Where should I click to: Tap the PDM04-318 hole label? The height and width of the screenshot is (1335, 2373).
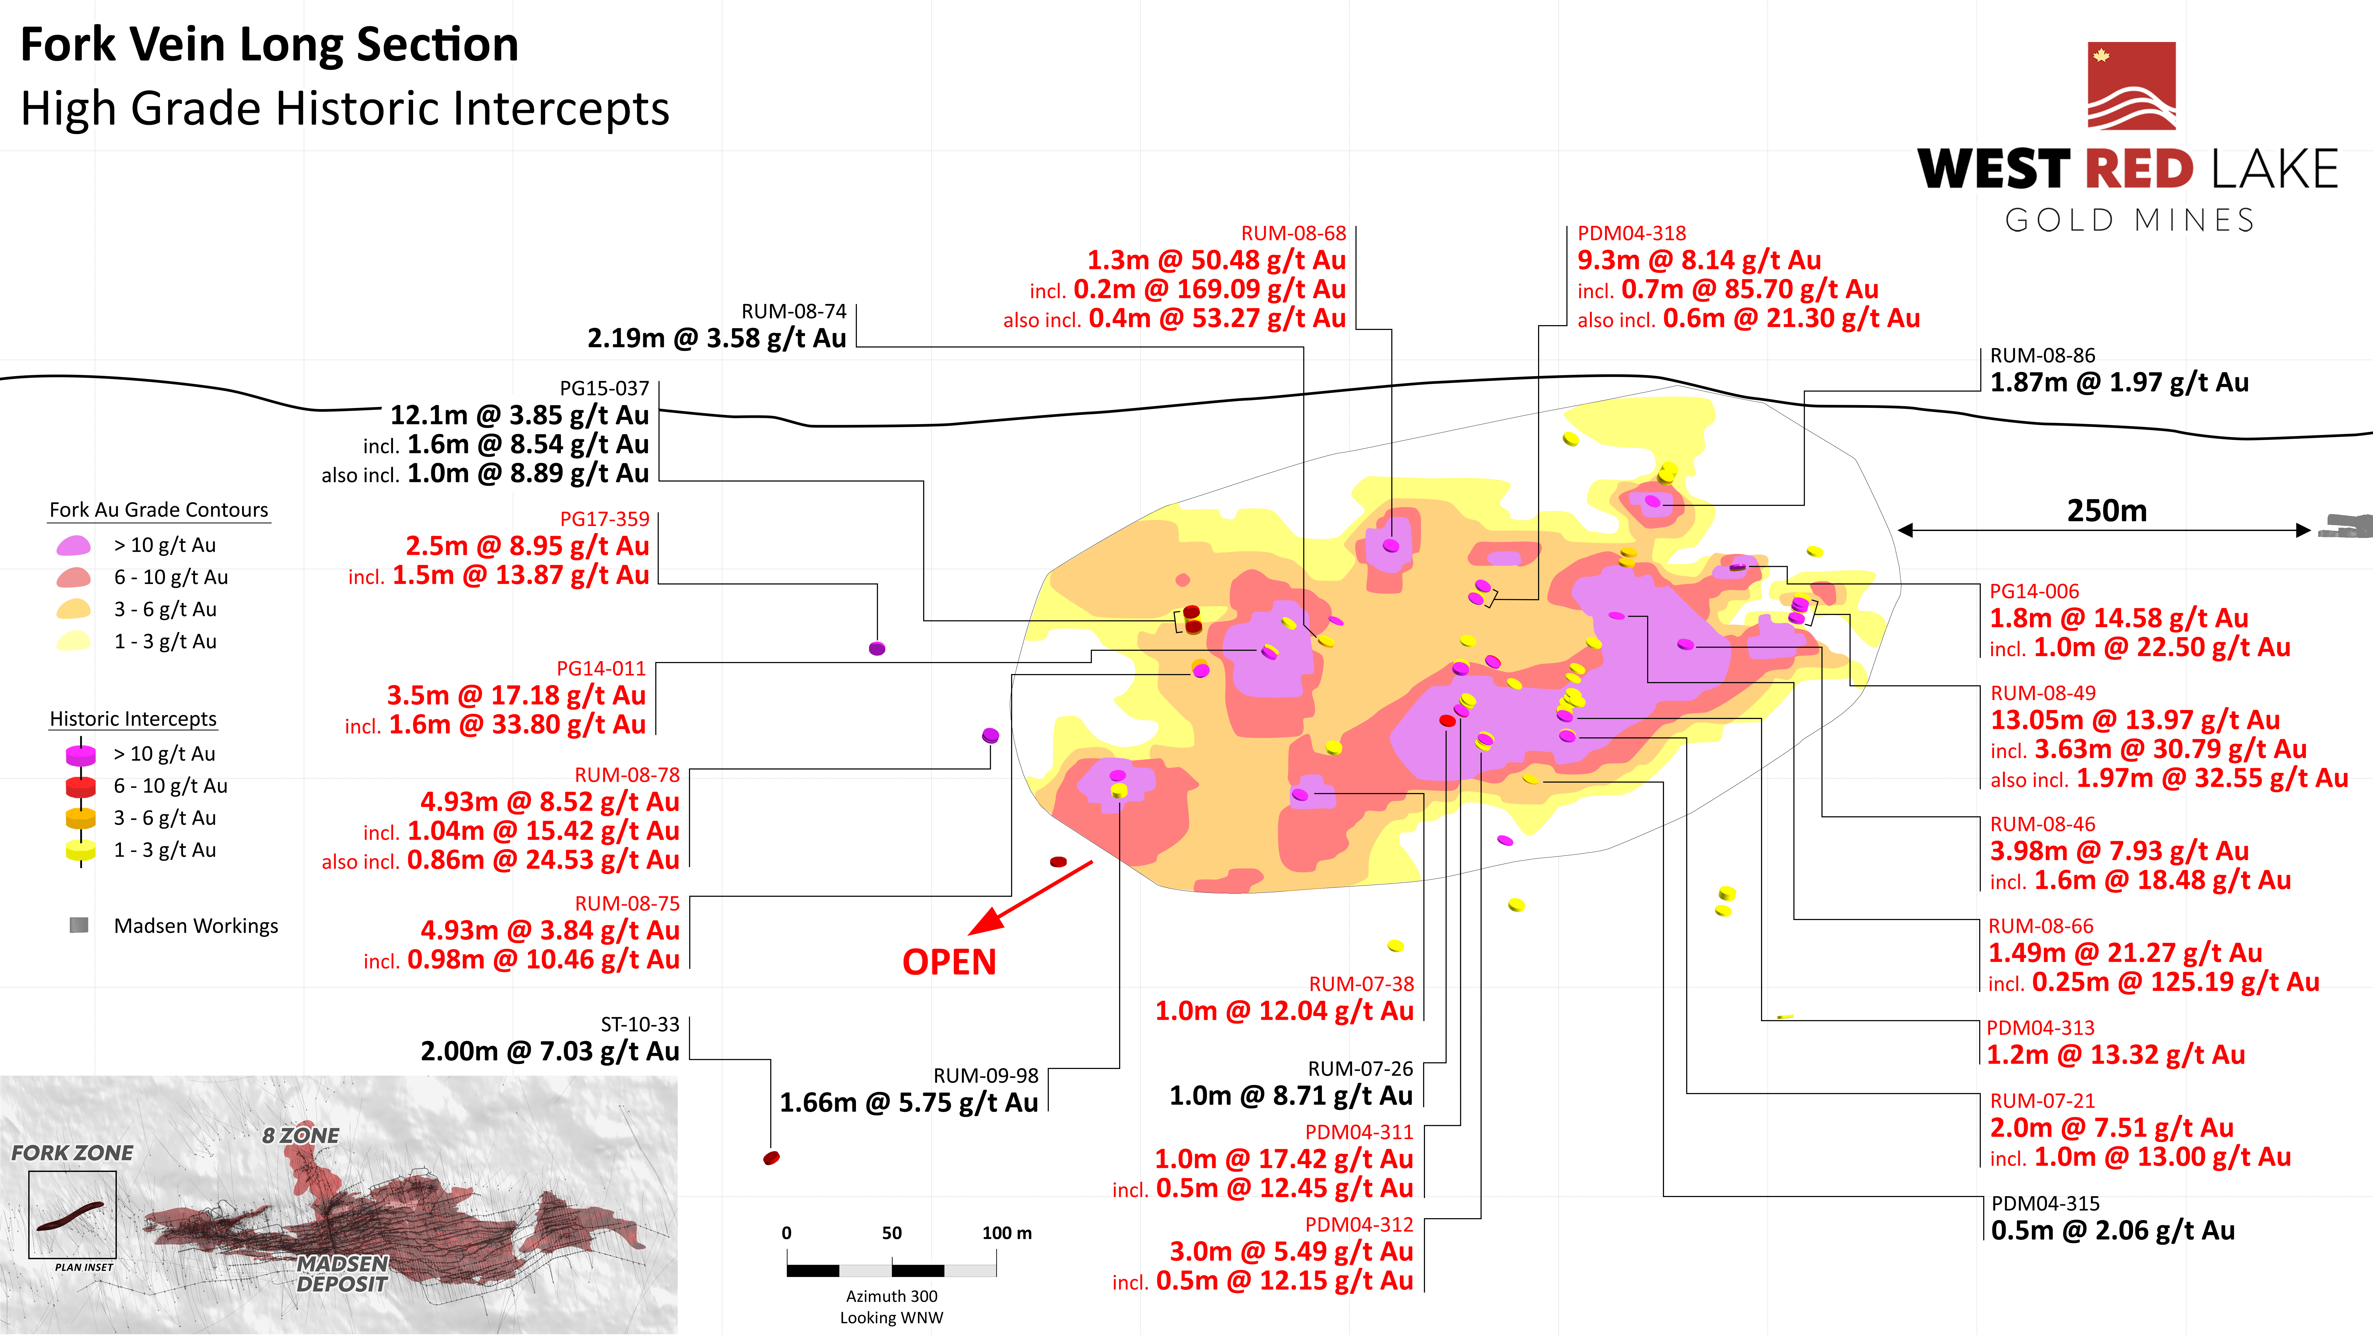[1631, 233]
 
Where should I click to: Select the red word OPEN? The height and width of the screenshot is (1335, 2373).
[949, 962]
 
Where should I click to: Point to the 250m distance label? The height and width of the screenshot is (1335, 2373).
[2106, 510]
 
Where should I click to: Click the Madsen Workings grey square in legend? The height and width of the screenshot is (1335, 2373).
[79, 925]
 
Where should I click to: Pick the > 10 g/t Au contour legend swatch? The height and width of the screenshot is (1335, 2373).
[74, 545]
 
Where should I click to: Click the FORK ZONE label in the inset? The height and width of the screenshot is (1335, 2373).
[72, 1153]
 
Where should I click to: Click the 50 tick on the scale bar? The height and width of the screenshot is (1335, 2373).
[892, 1233]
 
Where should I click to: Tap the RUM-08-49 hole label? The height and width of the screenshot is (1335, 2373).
[2042, 693]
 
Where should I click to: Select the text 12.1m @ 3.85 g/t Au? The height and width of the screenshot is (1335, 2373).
[519, 415]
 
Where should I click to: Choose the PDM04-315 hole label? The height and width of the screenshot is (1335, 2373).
[2045, 1203]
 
